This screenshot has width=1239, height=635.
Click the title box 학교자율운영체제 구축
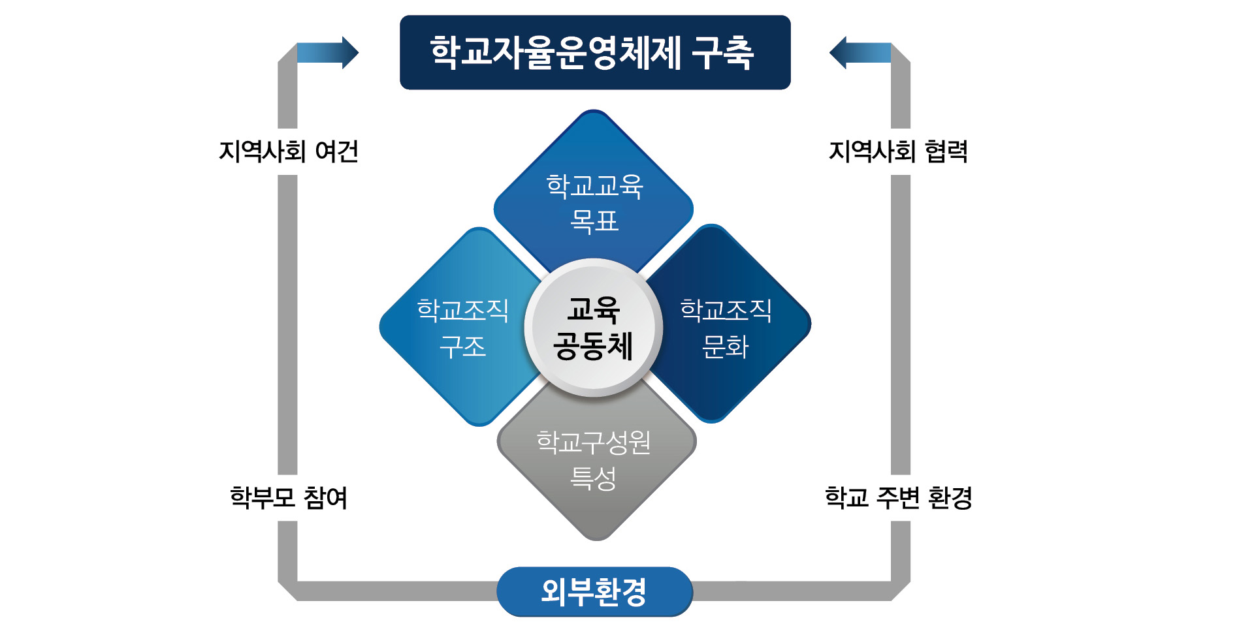[595, 52]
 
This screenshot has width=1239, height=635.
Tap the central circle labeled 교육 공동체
[594, 328]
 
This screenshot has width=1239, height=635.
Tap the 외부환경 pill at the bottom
[594, 592]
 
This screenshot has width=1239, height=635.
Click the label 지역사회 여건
[289, 151]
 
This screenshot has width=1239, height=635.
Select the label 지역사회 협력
[899, 151]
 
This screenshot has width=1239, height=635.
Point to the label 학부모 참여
[289, 498]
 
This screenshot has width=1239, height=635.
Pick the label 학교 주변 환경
[899, 498]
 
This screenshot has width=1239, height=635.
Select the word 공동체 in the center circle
[593, 346]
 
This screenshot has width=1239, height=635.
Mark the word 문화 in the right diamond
[725, 347]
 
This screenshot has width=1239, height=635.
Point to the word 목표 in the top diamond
[594, 221]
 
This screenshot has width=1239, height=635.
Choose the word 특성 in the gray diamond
[593, 478]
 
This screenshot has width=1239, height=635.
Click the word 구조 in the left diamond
[462, 347]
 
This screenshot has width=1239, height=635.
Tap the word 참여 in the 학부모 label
[325, 498]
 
